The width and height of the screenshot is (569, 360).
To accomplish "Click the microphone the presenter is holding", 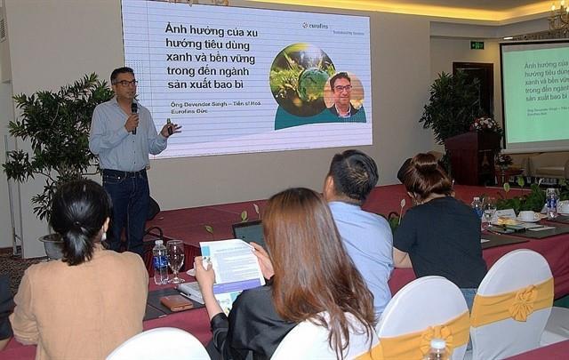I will point(134,112).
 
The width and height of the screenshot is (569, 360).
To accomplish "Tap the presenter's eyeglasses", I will point(126,83).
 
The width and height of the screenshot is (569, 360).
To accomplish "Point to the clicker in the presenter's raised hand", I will point(168,125).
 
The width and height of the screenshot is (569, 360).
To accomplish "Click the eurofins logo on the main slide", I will point(316,26).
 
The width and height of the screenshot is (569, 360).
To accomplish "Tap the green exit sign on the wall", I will point(477,44).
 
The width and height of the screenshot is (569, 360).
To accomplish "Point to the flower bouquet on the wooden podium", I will point(485,125).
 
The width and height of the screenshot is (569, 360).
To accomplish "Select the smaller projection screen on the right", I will point(534,94).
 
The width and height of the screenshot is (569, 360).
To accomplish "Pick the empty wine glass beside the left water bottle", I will point(176,258).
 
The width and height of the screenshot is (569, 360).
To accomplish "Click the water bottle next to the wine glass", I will point(160,262).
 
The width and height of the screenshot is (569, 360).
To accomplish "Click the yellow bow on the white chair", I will point(522,303).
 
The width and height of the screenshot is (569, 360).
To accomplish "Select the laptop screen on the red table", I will point(250,234).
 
